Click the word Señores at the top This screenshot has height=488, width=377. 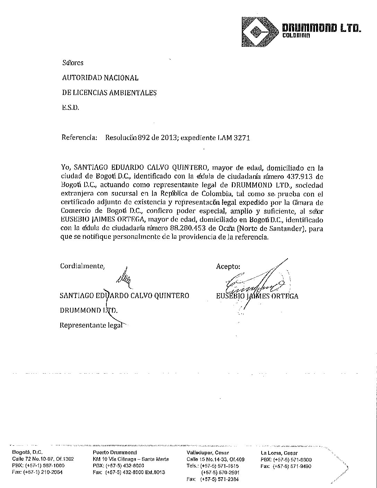click(x=73, y=63)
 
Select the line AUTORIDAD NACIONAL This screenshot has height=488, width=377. click(x=100, y=78)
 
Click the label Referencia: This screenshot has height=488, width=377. click(x=79, y=138)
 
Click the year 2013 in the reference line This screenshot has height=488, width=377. click(x=160, y=138)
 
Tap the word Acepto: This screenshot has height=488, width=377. click(x=228, y=267)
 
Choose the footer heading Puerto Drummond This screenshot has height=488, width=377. click(x=115, y=452)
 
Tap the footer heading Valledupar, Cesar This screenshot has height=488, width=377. click(x=207, y=453)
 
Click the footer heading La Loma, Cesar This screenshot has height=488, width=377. click(x=279, y=453)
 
